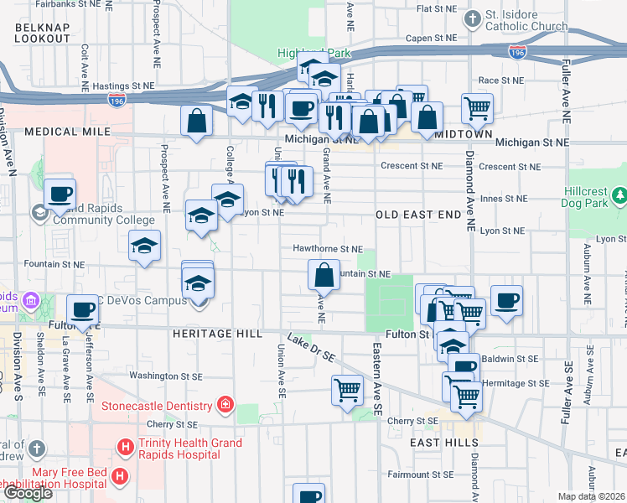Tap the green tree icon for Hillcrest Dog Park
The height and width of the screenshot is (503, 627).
click(x=619, y=195)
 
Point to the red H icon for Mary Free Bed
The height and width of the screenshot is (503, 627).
click(x=119, y=477)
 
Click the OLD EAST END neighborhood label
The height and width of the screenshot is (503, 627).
click(x=417, y=215)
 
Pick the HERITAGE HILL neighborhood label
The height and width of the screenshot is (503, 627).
click(x=212, y=333)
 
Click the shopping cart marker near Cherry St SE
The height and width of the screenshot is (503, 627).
click(x=348, y=390)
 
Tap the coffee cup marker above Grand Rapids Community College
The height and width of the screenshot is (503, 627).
click(x=60, y=194)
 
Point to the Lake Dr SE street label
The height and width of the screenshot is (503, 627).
click(x=310, y=348)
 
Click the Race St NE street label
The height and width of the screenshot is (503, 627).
click(x=500, y=81)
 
